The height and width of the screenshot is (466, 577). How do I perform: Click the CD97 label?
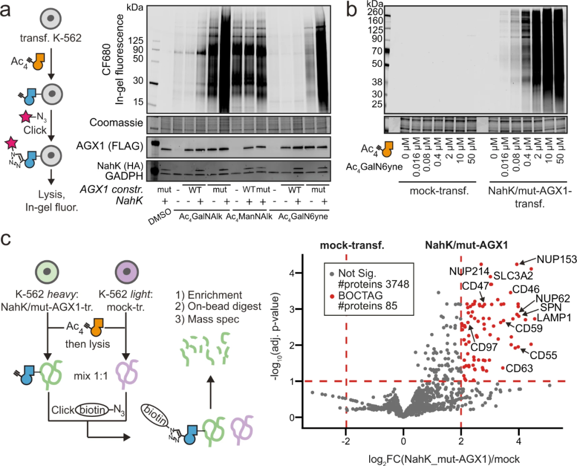pos(484,347)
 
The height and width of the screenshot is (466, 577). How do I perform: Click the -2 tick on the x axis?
pos(346,428)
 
